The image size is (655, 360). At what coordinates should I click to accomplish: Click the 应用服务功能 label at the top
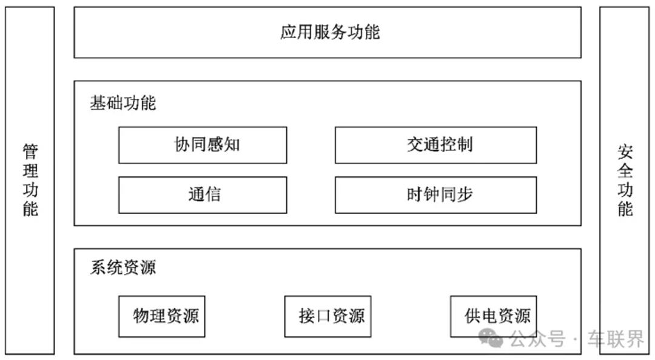[330, 32]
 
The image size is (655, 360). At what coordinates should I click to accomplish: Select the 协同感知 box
[203, 145]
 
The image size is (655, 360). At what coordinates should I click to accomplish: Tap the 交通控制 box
[435, 145]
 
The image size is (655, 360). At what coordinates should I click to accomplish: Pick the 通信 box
[203, 195]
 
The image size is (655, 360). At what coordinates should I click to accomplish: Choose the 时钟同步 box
[435, 195]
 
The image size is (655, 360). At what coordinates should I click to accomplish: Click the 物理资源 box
[162, 316]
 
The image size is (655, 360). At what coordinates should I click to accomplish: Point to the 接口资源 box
[327, 316]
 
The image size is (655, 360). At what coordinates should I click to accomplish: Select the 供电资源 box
[493, 316]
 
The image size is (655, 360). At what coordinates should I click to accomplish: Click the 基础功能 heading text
[123, 103]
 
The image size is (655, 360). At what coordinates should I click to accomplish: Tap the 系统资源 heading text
[123, 267]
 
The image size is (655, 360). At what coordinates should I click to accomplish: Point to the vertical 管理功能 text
[30, 181]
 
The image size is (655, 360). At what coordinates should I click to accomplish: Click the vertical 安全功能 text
[625, 181]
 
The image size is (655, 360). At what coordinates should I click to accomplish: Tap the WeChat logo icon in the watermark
[491, 338]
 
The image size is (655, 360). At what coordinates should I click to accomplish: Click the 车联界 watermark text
[616, 339]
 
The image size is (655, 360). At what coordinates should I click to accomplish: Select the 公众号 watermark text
[537, 339]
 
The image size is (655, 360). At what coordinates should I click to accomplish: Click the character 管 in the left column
[30, 152]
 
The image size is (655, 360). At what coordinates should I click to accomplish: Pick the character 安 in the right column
[625, 152]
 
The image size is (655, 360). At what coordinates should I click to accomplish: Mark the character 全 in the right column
[625, 170]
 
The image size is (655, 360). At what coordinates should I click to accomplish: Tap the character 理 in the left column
[30, 170]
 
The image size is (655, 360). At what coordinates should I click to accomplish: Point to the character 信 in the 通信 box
[213, 195]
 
